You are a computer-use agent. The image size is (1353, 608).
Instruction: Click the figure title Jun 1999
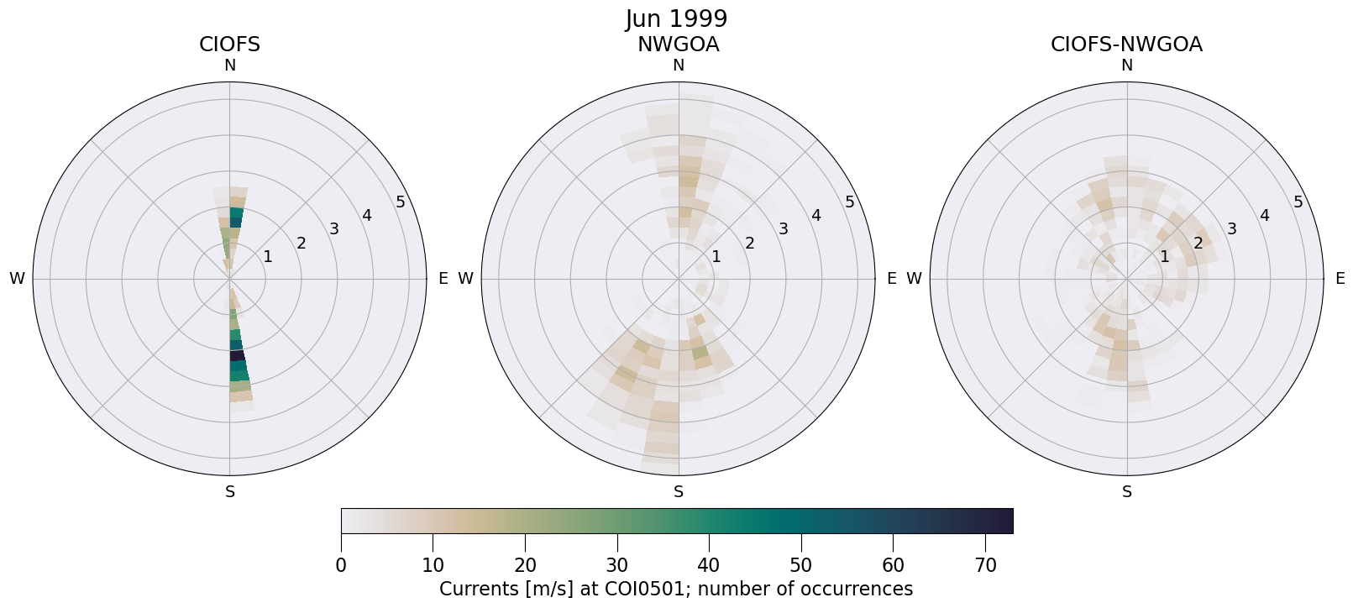point(676,18)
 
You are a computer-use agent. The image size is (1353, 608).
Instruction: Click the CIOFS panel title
point(229,45)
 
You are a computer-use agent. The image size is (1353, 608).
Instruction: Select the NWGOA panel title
point(678,45)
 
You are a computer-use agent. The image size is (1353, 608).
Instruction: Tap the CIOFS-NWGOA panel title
point(1126,45)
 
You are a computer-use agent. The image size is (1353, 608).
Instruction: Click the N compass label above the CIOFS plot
point(229,66)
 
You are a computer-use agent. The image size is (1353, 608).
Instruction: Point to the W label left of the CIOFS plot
point(17,279)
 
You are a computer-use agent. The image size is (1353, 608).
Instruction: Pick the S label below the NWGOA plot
point(679,492)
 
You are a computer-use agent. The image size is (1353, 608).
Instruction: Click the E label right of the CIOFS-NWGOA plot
point(1340,279)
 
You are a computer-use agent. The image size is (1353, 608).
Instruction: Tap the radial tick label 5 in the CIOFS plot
point(401,202)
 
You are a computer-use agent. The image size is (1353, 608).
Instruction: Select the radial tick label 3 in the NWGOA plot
point(783,228)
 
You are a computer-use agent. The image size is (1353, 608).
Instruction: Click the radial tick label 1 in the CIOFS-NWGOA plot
point(1164,256)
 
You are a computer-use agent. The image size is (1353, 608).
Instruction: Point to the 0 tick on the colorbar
point(341,565)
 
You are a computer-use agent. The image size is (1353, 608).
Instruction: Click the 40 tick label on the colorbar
point(709,565)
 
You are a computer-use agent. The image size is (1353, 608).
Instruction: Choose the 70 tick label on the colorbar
point(985,565)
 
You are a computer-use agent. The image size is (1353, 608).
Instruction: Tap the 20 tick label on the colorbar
point(525,565)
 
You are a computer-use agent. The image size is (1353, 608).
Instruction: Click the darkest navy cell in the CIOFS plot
point(238,355)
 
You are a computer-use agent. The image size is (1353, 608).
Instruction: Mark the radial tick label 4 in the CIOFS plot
point(367,215)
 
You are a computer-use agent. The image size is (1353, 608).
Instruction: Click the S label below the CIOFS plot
point(230,492)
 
